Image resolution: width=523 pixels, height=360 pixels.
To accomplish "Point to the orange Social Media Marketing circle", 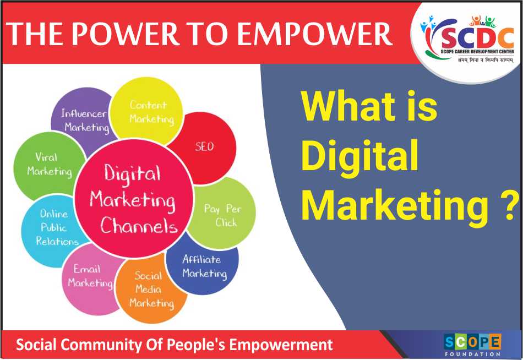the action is pyautogui.click(x=150, y=290).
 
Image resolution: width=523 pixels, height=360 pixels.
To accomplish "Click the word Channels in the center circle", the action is pyautogui.click(x=139, y=226).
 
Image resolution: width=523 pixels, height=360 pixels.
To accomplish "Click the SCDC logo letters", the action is pyautogui.click(x=477, y=37).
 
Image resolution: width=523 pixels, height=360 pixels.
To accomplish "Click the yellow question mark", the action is pyautogui.click(x=511, y=206).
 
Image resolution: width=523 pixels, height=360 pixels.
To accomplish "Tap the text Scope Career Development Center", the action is pyautogui.click(x=477, y=51).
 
